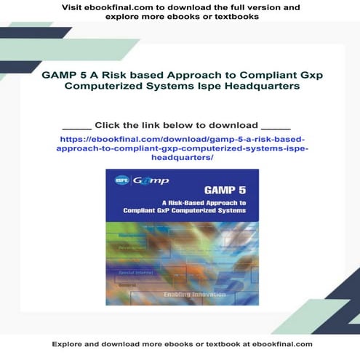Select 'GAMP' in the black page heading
click(62, 75)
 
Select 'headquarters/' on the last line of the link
click(181, 157)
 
